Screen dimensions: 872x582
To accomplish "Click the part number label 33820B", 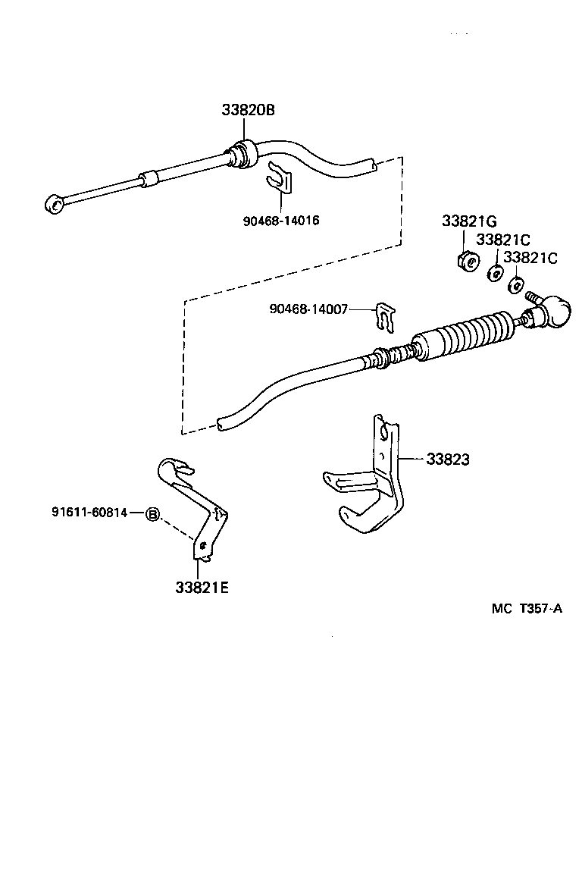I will (x=248, y=110).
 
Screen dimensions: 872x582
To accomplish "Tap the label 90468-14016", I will (x=280, y=221).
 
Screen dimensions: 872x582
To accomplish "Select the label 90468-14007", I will (x=308, y=309).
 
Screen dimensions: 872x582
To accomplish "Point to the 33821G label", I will (x=469, y=221).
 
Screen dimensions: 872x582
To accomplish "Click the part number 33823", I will (x=447, y=459).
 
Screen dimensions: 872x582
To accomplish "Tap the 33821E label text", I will (x=202, y=587).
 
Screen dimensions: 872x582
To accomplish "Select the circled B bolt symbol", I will (x=152, y=514).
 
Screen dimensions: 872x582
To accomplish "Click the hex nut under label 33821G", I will (x=468, y=262).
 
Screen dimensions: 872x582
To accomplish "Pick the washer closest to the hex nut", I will (x=494, y=274).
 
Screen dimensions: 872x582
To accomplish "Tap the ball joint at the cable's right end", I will (x=551, y=312).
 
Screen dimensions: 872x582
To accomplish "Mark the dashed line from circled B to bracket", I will (x=176, y=526).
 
